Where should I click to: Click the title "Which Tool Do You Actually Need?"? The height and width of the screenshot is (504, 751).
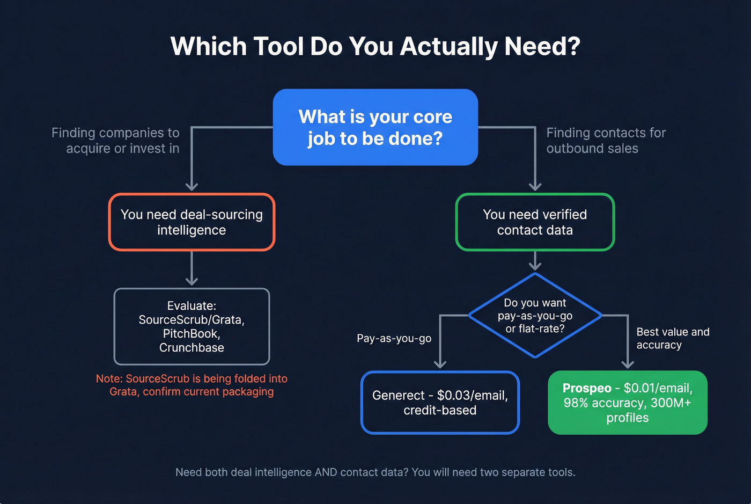point(375,47)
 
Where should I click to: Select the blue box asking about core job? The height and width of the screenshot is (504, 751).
point(375,127)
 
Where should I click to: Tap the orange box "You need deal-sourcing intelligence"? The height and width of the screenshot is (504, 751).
point(192,222)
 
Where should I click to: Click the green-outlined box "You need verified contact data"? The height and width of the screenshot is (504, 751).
point(535,222)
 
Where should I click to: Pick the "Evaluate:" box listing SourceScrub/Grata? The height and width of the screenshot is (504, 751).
point(192,326)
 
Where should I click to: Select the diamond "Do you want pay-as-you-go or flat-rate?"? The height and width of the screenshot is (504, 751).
point(535,316)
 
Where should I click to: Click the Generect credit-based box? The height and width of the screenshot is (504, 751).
point(440,403)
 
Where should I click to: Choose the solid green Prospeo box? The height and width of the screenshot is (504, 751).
point(627,403)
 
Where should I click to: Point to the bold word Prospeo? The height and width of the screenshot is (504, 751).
point(587,388)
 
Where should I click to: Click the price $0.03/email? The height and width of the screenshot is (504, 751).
point(472,396)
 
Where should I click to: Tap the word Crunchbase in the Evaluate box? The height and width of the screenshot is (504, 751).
point(192,348)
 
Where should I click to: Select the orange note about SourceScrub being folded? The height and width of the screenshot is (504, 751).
point(192,385)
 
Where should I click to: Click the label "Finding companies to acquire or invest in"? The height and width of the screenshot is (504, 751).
point(116,141)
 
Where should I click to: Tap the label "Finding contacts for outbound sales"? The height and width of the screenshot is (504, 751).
point(606,141)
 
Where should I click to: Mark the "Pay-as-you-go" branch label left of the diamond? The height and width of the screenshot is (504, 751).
point(394,339)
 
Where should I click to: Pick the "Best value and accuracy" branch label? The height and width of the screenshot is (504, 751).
point(672,339)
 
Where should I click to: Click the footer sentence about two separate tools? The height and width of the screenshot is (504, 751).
point(375,472)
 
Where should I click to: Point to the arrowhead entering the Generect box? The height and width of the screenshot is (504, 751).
point(440,364)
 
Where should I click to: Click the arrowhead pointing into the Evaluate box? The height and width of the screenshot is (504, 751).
point(192,281)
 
